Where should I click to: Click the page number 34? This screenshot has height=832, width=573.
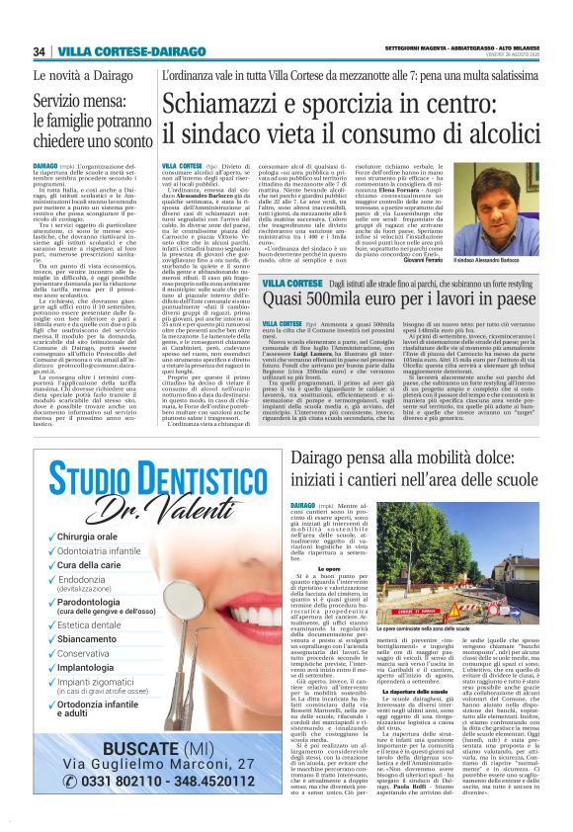(x=40, y=51)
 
